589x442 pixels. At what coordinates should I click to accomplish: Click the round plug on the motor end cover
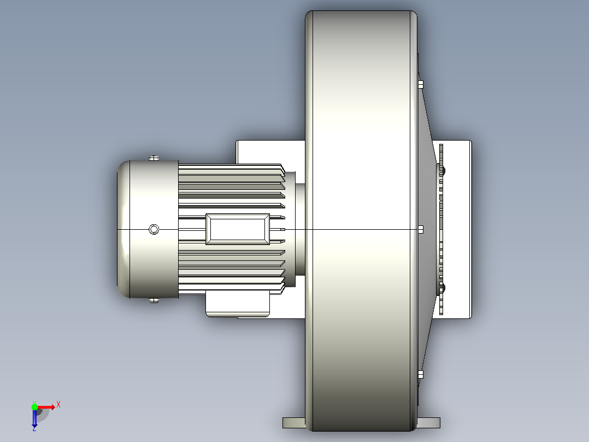click(154, 229)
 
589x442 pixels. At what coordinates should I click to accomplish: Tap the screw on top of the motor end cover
click(154, 158)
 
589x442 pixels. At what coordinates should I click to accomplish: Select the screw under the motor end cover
click(154, 300)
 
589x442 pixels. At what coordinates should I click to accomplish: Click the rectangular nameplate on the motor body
click(238, 229)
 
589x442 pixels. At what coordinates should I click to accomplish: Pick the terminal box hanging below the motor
click(238, 303)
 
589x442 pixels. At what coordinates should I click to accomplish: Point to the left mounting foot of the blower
click(294, 422)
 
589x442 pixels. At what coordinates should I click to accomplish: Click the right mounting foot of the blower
click(428, 422)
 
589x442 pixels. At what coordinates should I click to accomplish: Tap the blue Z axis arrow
click(34, 418)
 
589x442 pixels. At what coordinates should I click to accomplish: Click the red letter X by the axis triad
click(58, 405)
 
